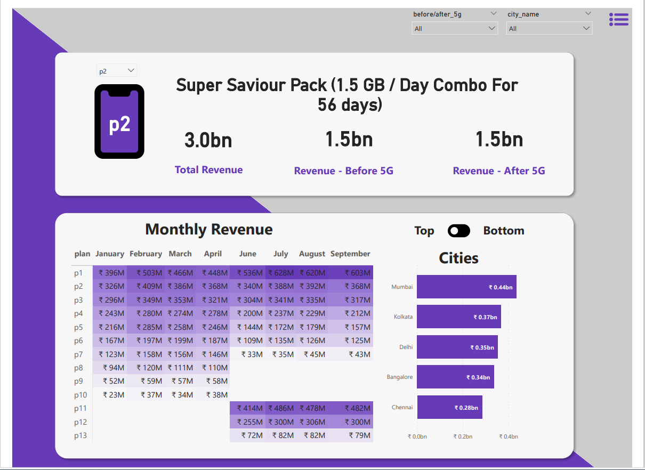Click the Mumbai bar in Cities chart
pyautogui.click(x=466, y=287)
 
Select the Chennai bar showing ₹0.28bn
pyautogui.click(x=449, y=407)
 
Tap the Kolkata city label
pyautogui.click(x=403, y=317)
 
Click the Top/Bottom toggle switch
pyautogui.click(x=459, y=231)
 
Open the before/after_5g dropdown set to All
pyautogui.click(x=455, y=28)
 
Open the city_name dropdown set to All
pyautogui.click(x=549, y=28)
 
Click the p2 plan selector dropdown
pyautogui.click(x=117, y=71)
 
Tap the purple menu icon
pyautogui.click(x=618, y=20)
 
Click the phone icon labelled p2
pyautogui.click(x=119, y=122)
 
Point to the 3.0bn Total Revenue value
pyautogui.click(x=208, y=140)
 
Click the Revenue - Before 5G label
pyautogui.click(x=344, y=171)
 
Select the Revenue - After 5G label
pyautogui.click(x=499, y=171)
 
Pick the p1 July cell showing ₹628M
pyautogui.click(x=281, y=273)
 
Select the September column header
pyautogui.click(x=350, y=254)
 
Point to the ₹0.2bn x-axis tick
pyautogui.click(x=463, y=436)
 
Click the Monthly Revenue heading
pyautogui.click(x=209, y=230)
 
